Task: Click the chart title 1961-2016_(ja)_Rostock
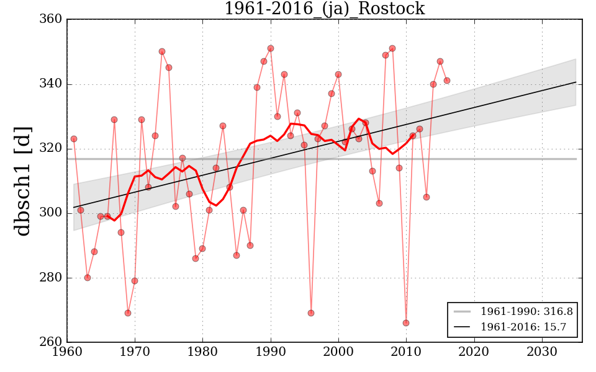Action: (x=324, y=9)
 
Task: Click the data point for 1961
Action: (x=74, y=139)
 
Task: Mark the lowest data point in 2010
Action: (x=406, y=323)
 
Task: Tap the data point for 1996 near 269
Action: (x=311, y=313)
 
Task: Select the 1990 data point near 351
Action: (x=271, y=48)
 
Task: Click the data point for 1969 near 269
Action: (x=128, y=313)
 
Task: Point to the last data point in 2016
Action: (x=447, y=81)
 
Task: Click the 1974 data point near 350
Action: (x=162, y=51)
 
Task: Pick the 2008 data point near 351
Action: (x=392, y=48)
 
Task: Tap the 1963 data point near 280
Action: (x=88, y=278)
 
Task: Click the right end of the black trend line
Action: (x=576, y=82)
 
